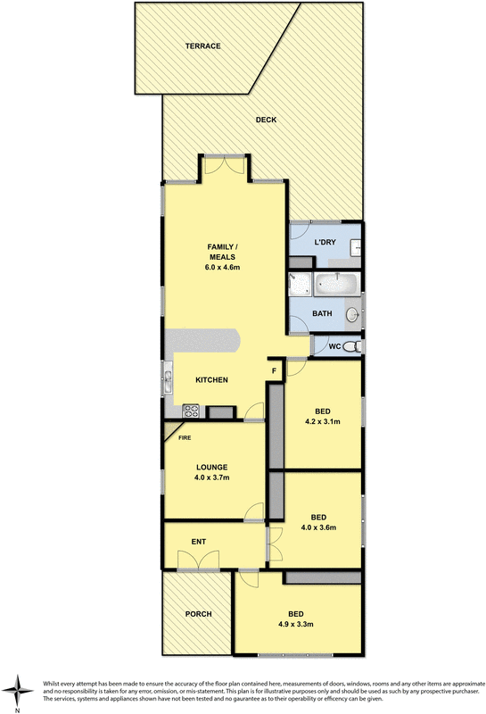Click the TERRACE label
pos(202,46)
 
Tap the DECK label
pos(266,120)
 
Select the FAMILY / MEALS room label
pos(222,251)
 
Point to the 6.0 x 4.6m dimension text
pos(222,267)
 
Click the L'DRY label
pos(324,242)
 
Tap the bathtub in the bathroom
pos(338,286)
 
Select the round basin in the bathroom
pos(352,313)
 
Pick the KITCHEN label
pos(212,379)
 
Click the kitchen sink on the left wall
pos(167,377)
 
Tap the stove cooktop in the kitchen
pos(190,411)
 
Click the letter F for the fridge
pos(274,370)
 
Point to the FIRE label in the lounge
pos(185,438)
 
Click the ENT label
pos(198,541)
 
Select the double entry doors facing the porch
pos(197,563)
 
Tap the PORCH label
pos(198,614)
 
